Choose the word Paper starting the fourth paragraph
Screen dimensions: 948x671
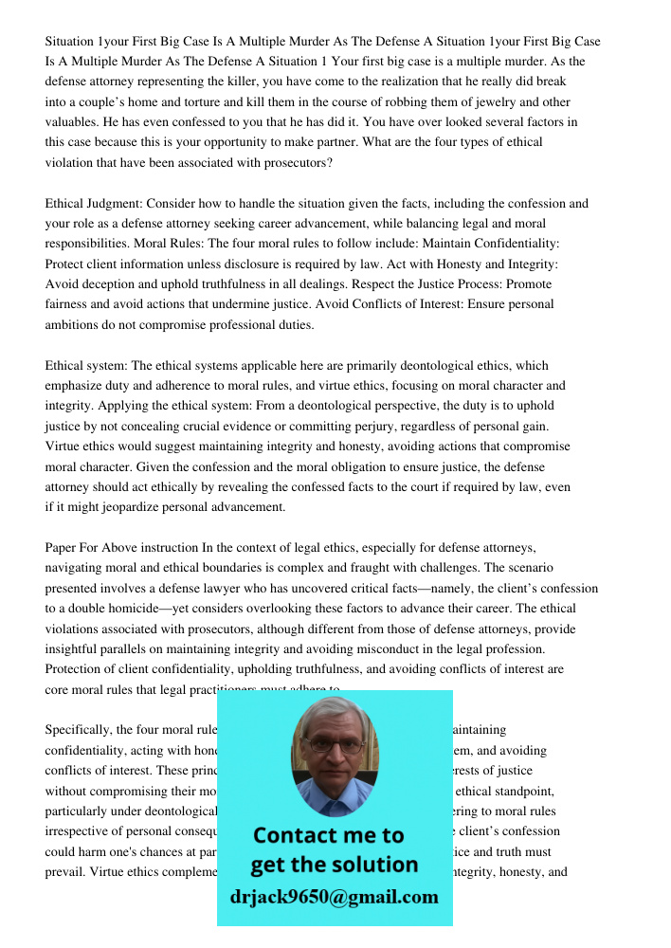63,548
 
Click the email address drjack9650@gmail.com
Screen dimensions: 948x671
334,897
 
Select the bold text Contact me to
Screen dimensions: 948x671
328,835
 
